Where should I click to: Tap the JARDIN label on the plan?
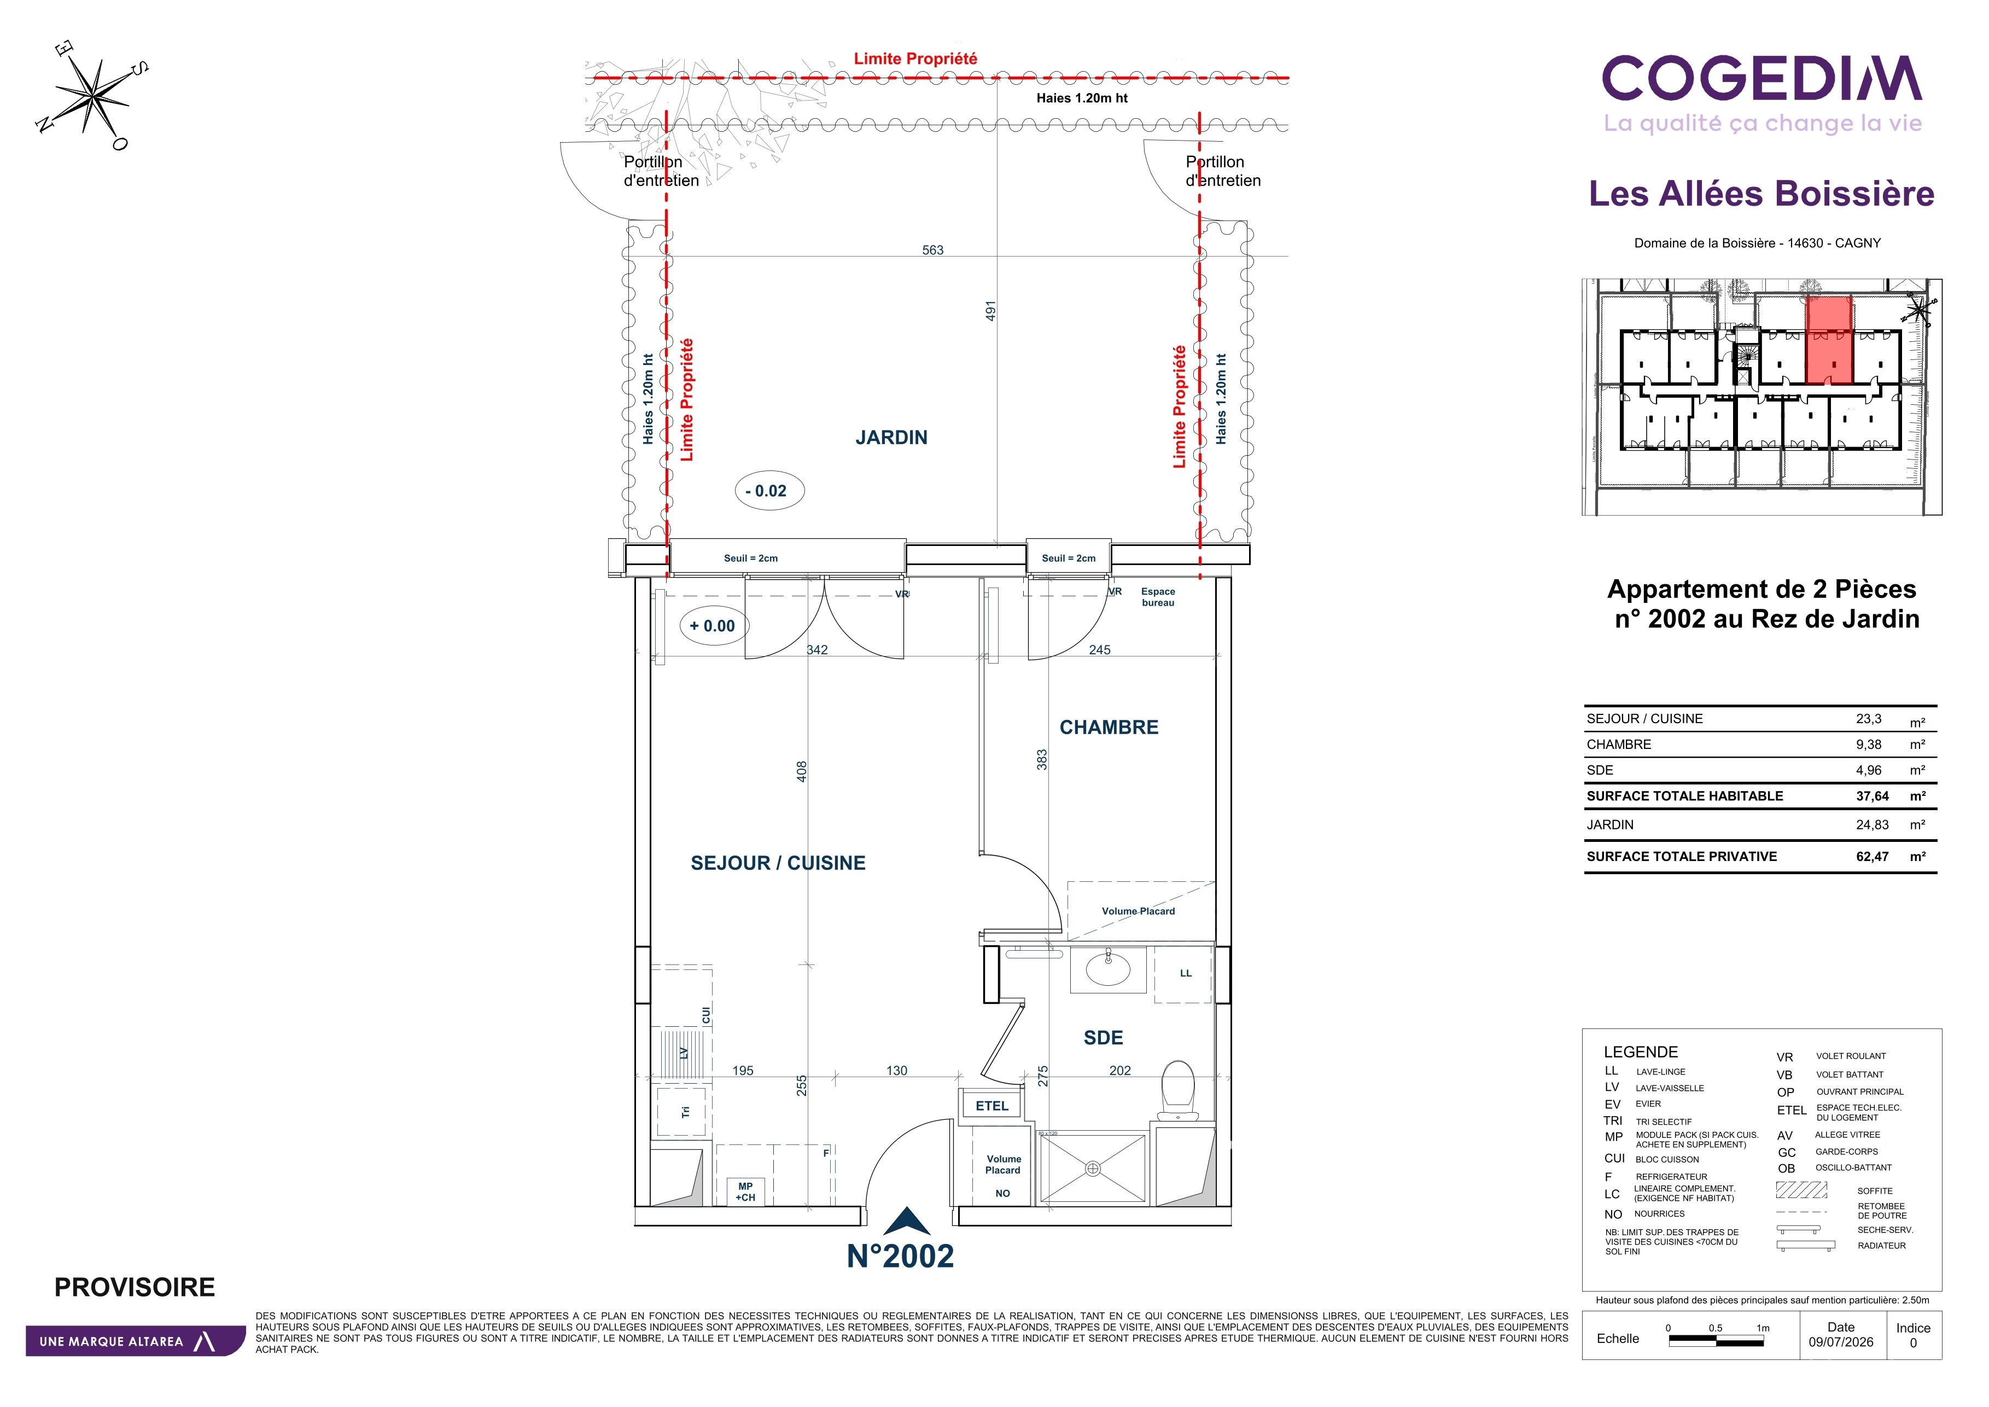click(x=891, y=438)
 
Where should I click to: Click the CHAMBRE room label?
click(x=1109, y=727)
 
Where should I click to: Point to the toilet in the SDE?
click(x=1177, y=1090)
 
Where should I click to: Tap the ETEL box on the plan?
click(x=992, y=1106)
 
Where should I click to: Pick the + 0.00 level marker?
click(x=714, y=625)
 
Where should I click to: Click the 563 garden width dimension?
click(x=933, y=251)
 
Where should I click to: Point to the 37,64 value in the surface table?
click(x=1872, y=796)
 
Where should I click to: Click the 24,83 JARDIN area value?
click(x=1872, y=825)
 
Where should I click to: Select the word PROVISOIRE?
click(x=135, y=1287)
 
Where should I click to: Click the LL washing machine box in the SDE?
click(x=1184, y=974)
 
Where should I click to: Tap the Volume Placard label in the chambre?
click(x=1138, y=911)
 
